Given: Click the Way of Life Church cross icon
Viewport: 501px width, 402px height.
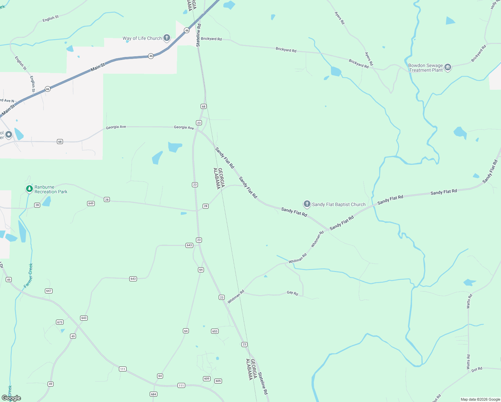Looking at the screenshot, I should [167, 38].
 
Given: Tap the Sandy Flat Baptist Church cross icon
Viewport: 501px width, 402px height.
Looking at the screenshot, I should [307, 204].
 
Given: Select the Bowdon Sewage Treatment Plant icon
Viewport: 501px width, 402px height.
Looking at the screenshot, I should [448, 67].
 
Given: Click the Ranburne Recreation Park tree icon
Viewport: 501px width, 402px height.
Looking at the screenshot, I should [29, 189].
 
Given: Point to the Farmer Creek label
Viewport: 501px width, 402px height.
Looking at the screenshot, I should [28, 276].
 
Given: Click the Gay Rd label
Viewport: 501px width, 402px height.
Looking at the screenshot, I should [292, 293].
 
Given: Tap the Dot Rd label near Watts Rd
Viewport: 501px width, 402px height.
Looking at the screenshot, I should [477, 370].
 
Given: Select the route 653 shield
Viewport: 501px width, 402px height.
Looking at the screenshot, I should [215, 331].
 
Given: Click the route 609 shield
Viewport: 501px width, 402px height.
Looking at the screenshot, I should [207, 379].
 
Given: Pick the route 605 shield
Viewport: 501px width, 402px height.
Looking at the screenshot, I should [218, 381].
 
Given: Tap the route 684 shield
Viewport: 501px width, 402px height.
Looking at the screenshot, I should [153, 394].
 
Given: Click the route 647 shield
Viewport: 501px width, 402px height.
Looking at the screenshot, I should [49, 291].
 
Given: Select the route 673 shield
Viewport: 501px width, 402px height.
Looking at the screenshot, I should [60, 322].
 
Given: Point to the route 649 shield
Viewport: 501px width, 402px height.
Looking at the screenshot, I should [91, 203].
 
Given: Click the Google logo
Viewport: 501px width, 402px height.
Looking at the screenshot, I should [11, 398].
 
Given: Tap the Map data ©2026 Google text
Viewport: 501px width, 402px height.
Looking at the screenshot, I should [480, 399].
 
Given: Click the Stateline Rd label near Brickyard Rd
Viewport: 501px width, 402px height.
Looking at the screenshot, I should [199, 35].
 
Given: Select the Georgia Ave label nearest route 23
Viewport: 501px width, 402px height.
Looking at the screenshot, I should [184, 127].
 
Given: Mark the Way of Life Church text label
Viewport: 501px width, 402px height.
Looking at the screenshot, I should [142, 38].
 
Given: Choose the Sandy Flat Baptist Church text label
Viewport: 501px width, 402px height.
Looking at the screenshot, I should [339, 204].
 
